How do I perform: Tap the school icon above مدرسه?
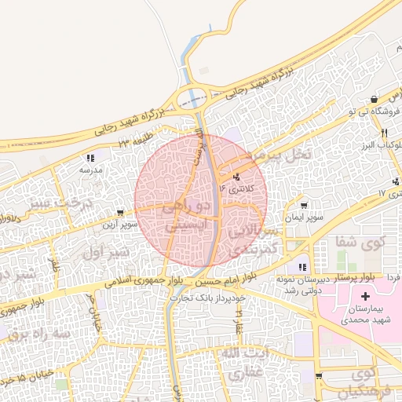click(x=90, y=159)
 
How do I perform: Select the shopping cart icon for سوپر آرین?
click(x=119, y=213)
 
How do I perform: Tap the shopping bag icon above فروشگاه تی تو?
click(x=375, y=100)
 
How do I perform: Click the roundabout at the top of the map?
click(x=191, y=99)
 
